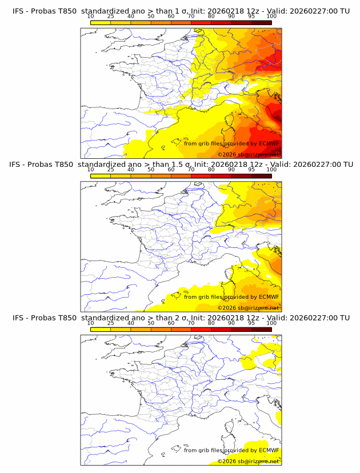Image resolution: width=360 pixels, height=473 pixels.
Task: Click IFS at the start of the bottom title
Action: point(19,318)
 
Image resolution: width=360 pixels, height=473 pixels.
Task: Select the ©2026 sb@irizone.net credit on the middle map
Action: point(248,307)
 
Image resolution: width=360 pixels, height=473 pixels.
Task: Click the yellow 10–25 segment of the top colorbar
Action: point(101,22)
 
